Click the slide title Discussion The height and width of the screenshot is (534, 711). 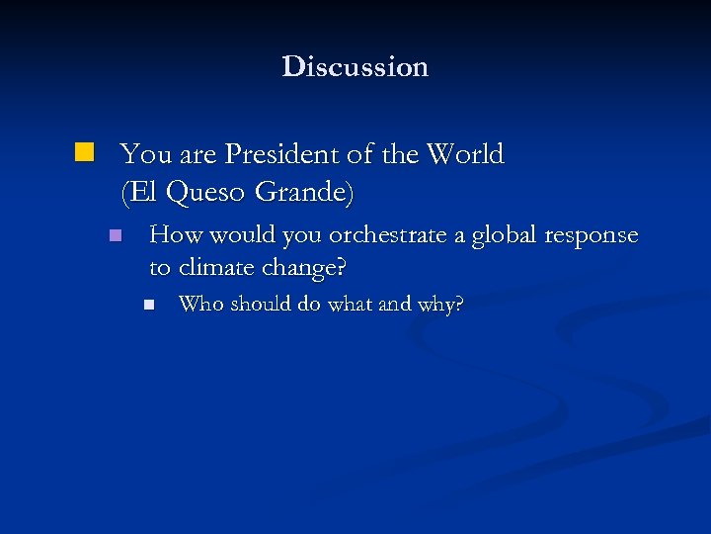[355, 67]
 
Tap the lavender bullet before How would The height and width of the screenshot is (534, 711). [115, 236]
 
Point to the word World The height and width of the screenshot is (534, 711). [469, 154]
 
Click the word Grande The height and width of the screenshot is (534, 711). [301, 191]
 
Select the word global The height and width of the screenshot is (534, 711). [499, 236]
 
